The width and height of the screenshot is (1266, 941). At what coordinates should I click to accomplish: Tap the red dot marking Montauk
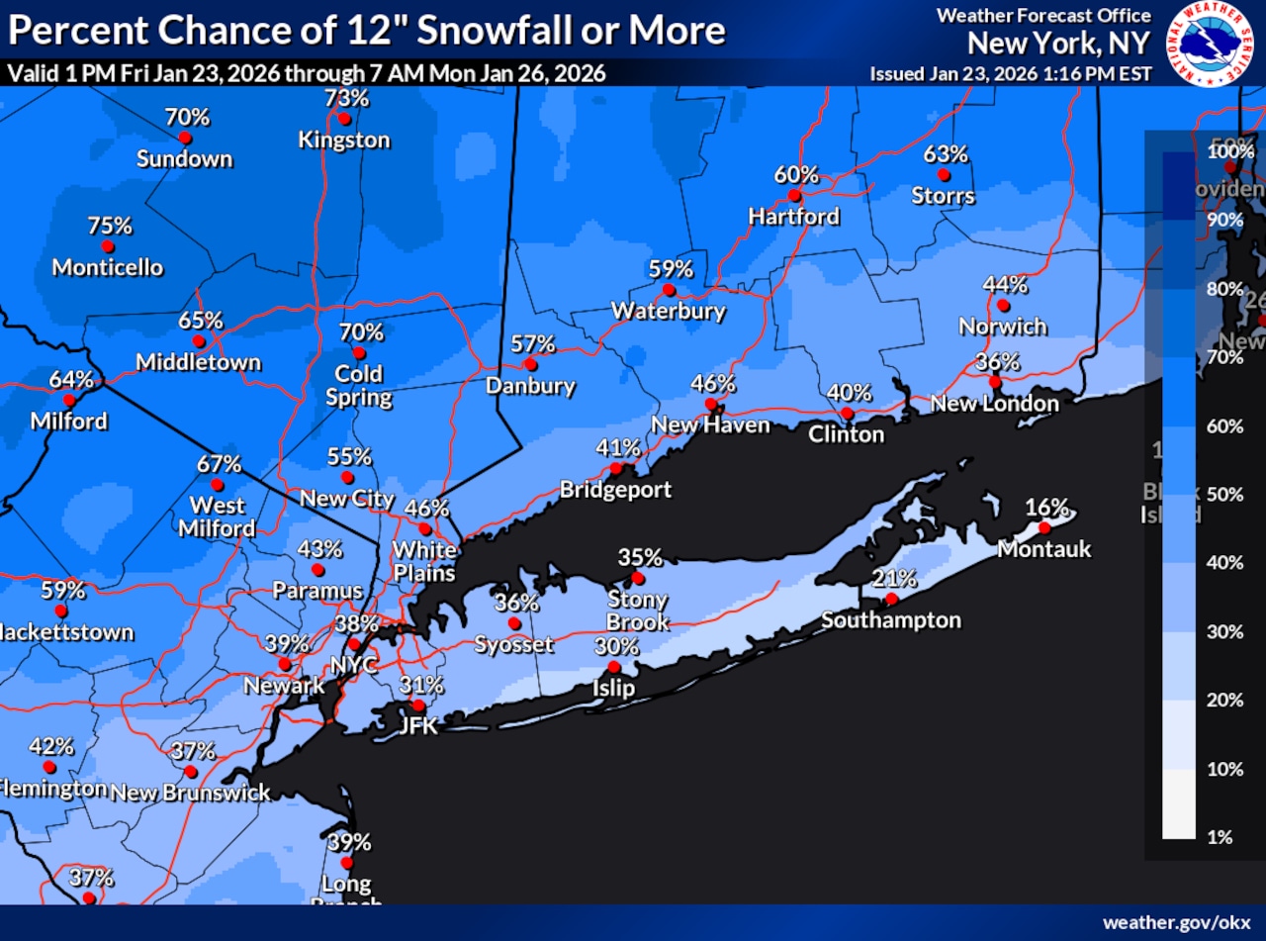tap(1043, 527)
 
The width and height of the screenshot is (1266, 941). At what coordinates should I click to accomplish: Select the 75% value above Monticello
tap(110, 226)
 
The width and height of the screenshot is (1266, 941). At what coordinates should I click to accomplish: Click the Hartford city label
tap(793, 216)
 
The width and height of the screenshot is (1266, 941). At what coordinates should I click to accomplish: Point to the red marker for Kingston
tap(343, 119)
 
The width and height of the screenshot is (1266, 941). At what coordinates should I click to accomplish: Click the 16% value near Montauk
tap(1046, 508)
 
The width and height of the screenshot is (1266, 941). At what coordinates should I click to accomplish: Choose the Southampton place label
tap(890, 620)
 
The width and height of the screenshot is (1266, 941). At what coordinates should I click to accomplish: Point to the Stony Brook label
tap(638, 611)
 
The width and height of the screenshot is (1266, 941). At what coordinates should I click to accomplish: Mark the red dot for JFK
tap(418, 706)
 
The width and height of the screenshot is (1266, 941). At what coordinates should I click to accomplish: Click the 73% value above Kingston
tap(346, 98)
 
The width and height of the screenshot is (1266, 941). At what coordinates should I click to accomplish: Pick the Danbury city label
tap(530, 386)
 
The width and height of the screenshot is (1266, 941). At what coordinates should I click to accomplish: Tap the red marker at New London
tap(996, 382)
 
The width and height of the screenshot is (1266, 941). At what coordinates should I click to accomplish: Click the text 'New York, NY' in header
tap(1058, 44)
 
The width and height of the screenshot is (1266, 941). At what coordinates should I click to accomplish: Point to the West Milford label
tap(218, 517)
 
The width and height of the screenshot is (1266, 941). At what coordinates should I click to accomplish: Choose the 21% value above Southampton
tap(894, 579)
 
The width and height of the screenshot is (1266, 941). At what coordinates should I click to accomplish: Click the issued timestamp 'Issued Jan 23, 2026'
tap(1010, 74)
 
